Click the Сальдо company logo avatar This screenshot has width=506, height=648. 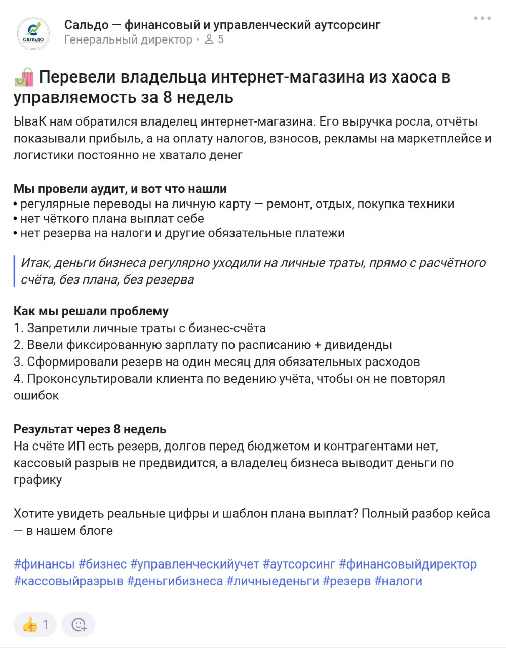coord(33,33)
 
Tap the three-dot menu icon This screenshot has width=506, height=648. coord(482,18)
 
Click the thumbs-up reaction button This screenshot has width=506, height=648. coord(34,625)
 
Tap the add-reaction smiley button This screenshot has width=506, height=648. coord(79,625)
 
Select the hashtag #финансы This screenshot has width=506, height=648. coord(44,564)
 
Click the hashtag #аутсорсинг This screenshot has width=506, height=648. coord(299,564)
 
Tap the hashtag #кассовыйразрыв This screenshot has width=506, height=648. coord(68,581)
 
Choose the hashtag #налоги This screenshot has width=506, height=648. coord(398,581)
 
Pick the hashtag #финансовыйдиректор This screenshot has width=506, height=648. coord(408,564)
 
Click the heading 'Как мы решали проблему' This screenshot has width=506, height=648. coord(91,311)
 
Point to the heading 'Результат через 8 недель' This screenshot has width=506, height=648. coord(90,429)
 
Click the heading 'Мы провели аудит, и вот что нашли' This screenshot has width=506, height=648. coord(120,189)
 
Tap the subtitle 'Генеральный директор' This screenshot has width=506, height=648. coord(128,39)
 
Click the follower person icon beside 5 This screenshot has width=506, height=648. coord(209,39)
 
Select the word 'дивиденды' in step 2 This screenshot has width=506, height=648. coord(358,345)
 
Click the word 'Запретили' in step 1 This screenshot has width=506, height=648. coord(58,328)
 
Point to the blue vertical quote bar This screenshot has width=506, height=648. coord(15,271)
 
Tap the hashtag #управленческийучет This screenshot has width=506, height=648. coord(195,564)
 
